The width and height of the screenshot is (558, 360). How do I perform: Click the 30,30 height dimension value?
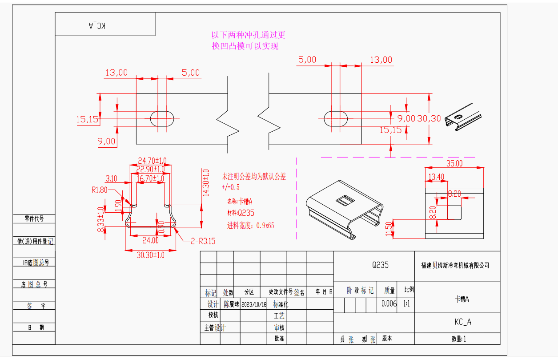[429, 118]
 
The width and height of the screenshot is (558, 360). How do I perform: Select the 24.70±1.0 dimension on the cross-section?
[152, 160]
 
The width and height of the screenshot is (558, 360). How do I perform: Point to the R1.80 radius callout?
[100, 190]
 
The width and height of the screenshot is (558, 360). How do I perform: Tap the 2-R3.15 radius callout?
[203, 241]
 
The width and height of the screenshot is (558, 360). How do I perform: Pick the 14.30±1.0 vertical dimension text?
[205, 182]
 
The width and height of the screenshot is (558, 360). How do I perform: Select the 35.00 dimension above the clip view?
[454, 163]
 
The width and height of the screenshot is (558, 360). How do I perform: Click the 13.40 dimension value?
[436, 177]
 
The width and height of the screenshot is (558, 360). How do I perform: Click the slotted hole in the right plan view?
[336, 118]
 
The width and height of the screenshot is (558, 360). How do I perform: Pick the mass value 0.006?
[389, 304]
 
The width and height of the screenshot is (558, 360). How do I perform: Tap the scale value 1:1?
[406, 304]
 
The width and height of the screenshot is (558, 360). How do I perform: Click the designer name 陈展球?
[231, 305]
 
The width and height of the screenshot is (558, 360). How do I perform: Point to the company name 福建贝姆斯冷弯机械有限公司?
[455, 266]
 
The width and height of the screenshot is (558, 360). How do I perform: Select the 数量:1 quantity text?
[458, 339]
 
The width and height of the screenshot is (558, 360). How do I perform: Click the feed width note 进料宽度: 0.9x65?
[251, 225]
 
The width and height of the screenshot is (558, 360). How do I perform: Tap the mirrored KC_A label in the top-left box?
[97, 25]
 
